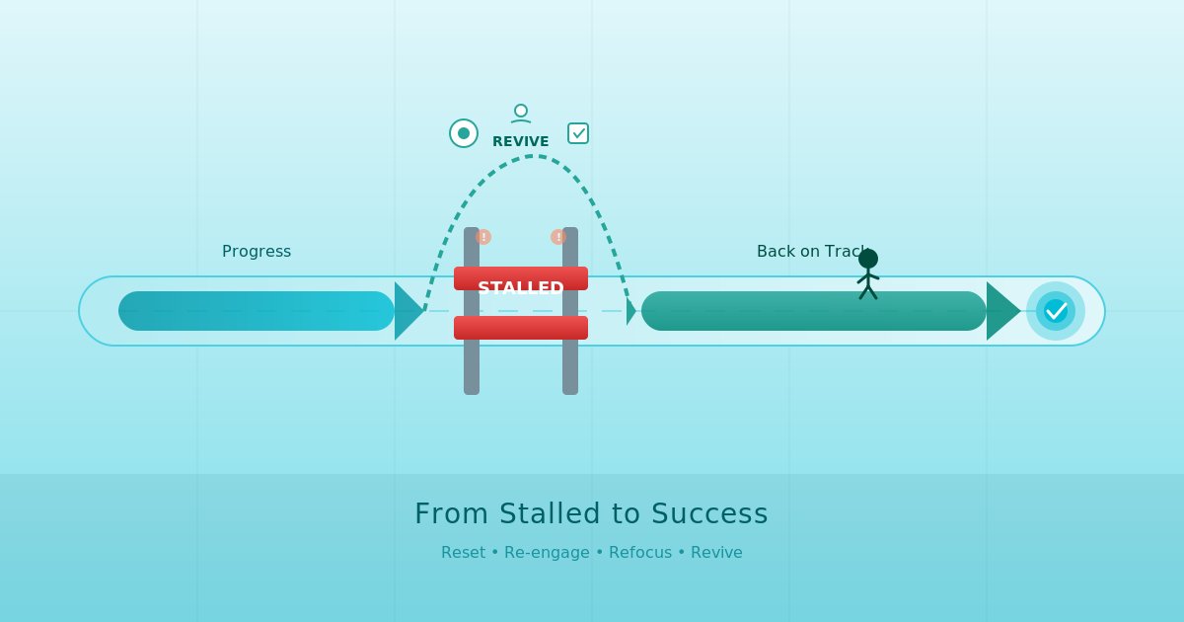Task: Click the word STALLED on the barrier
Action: tap(520, 288)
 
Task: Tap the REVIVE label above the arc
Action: tap(520, 141)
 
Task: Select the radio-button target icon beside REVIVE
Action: tap(464, 133)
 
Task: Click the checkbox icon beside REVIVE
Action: tap(578, 133)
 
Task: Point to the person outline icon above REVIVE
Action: tap(521, 114)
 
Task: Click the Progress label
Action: tap(257, 251)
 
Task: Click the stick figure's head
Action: tap(868, 259)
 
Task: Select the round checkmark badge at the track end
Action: tap(1056, 311)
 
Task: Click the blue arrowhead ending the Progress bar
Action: tap(407, 311)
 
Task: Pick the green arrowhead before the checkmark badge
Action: tap(1000, 311)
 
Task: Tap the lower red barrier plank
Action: tap(520, 328)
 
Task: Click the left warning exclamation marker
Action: tap(483, 237)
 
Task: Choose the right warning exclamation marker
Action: tap(558, 237)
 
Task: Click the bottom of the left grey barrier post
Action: tap(472, 387)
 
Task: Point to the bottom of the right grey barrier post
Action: tap(570, 387)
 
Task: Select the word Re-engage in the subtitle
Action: tap(547, 552)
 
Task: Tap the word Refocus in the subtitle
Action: tap(640, 552)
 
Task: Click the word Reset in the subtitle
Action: tap(463, 552)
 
